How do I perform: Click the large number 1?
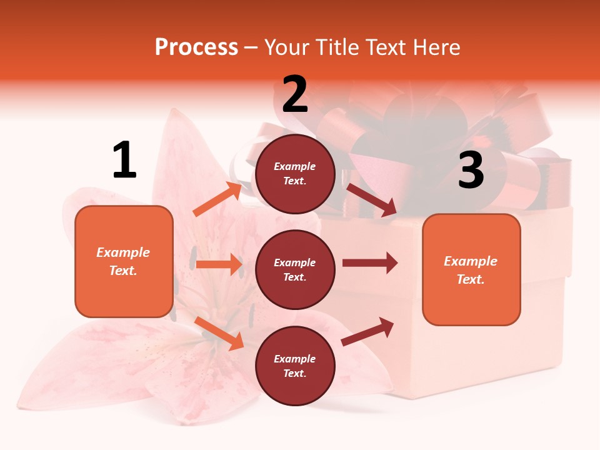coord(124,160)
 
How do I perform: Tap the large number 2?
coord(295,94)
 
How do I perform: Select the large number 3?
coord(471,170)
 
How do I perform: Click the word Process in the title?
coord(196,47)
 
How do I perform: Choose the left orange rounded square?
coord(124,261)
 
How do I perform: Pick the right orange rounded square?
coord(471,270)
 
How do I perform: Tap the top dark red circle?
coord(295,174)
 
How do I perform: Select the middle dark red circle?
coord(295,270)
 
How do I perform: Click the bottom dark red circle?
coord(295,366)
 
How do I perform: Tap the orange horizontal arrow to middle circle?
coord(219,264)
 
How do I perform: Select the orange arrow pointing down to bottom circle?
coord(219,333)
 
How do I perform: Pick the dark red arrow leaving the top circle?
coord(371,200)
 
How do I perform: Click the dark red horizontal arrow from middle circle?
coord(369,263)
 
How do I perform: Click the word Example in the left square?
coord(123,252)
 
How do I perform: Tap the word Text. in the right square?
coord(471,279)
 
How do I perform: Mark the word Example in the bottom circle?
coord(295,359)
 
